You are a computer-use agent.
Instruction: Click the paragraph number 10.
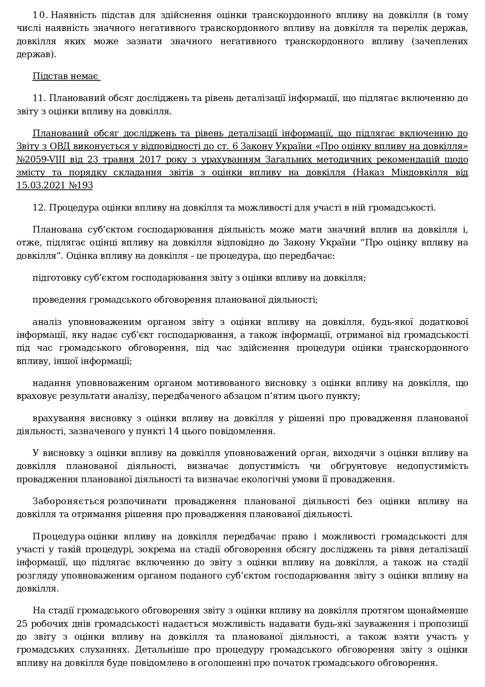point(40,16)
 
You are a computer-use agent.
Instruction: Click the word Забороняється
point(69,501)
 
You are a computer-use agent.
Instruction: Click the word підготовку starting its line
point(56,278)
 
